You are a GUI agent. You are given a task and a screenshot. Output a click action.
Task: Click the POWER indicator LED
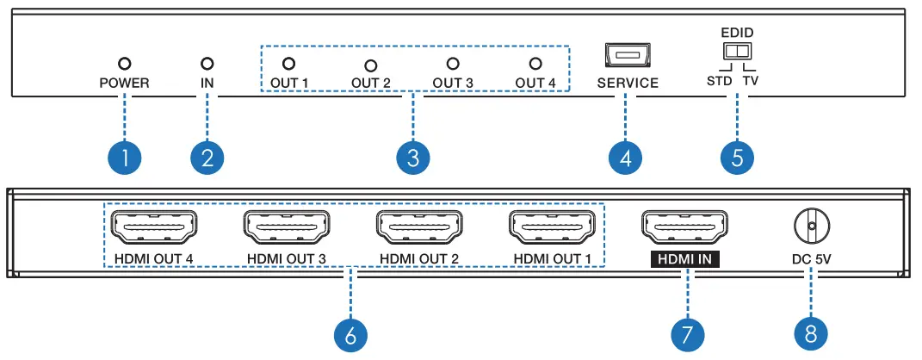[124, 64]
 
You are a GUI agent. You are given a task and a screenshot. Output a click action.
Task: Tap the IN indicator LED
[206, 64]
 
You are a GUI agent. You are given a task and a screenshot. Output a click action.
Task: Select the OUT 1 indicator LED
[288, 63]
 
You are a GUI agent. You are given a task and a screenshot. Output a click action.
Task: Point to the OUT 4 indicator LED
[535, 64]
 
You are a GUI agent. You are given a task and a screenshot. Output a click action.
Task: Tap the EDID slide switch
[737, 53]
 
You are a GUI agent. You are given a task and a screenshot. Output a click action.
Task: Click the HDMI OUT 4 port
[152, 228]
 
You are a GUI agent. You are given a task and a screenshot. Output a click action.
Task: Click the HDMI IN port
[684, 228]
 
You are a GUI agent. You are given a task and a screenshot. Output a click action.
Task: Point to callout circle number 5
[737, 158]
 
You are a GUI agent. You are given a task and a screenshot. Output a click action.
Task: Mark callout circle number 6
[350, 334]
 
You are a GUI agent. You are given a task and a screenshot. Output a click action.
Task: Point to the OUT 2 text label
[371, 84]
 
